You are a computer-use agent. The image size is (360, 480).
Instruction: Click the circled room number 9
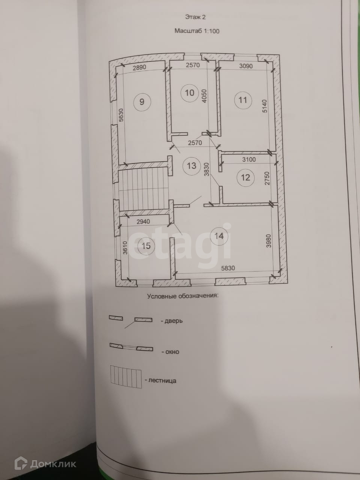click(142, 102)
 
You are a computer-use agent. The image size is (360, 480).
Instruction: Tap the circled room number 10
click(190, 92)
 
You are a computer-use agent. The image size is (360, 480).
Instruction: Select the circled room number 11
click(243, 100)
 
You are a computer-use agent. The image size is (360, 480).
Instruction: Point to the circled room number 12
click(245, 177)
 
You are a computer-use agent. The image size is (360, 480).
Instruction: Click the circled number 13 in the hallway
click(191, 166)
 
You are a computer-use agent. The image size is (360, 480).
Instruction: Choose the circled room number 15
click(146, 246)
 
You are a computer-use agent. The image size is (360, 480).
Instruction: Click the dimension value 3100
click(249, 159)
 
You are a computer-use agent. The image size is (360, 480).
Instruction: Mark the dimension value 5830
click(228, 268)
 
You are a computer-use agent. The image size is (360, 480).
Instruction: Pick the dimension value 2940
click(143, 222)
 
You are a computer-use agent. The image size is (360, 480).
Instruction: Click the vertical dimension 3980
click(268, 240)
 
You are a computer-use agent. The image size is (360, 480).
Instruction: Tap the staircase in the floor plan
click(143, 188)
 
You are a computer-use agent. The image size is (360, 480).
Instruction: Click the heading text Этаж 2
click(195, 17)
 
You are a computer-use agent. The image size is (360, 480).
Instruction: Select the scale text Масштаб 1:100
click(196, 31)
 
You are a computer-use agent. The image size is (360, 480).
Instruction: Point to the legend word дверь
click(174, 321)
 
